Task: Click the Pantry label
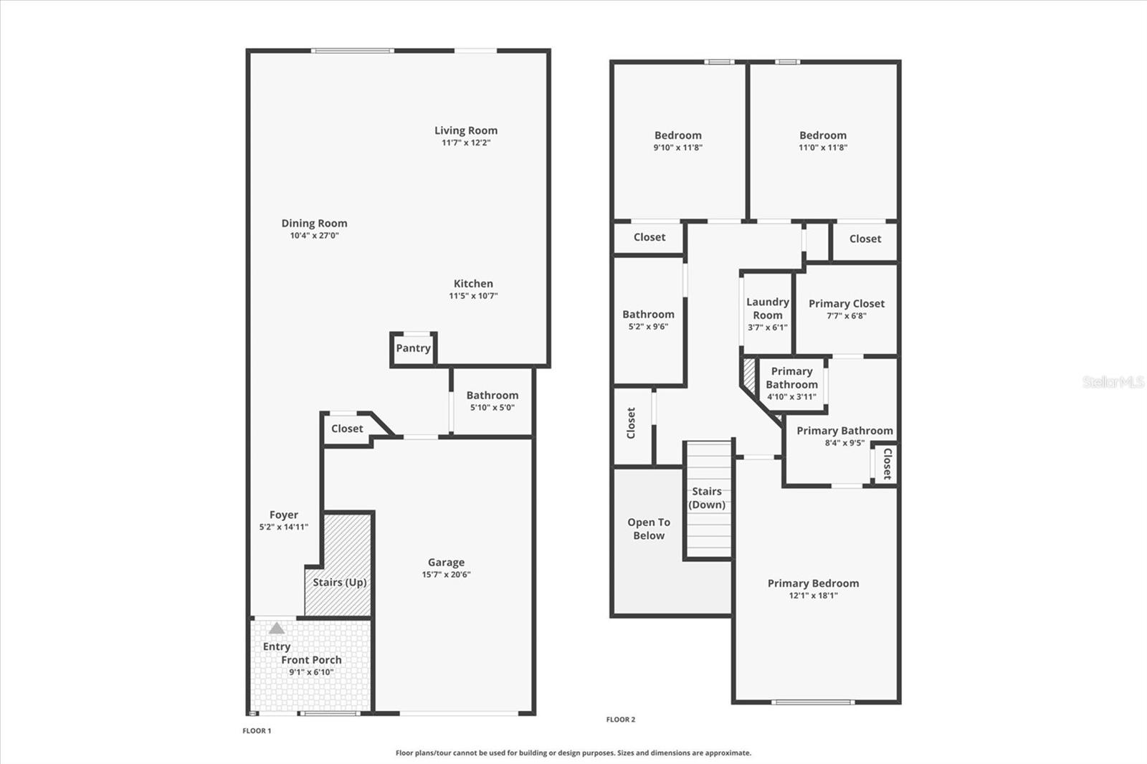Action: pos(414,348)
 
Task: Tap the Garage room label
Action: pos(446,563)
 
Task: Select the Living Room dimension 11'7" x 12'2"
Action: pos(466,143)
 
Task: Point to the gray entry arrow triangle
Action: pos(277,629)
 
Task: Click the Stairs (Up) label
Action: pos(340,582)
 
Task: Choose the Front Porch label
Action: pos(311,660)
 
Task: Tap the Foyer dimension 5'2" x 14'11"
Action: pos(284,527)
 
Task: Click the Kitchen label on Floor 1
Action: pos(473,284)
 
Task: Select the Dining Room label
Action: pos(314,224)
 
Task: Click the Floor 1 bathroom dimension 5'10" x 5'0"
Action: pos(492,408)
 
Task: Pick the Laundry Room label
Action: pos(768,309)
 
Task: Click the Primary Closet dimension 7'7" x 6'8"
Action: pos(847,316)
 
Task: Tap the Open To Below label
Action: pos(649,529)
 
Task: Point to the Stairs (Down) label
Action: pos(707,498)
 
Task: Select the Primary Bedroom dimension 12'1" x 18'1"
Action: pos(814,596)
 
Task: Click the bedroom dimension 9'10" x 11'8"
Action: pos(678,148)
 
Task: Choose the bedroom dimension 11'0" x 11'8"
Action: pos(823,148)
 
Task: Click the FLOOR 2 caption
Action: pos(621,720)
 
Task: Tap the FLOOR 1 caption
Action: pos(257,731)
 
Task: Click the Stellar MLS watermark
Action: pos(1113,382)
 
